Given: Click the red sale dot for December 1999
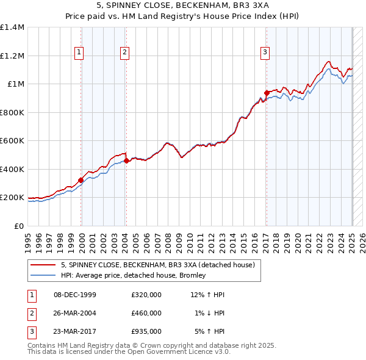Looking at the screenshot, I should [81, 181].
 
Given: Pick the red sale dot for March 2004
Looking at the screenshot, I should [126, 161].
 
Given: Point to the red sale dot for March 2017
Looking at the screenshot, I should [267, 93].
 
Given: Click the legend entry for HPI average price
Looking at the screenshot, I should [133, 275].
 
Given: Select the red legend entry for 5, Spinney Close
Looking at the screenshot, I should [161, 264].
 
